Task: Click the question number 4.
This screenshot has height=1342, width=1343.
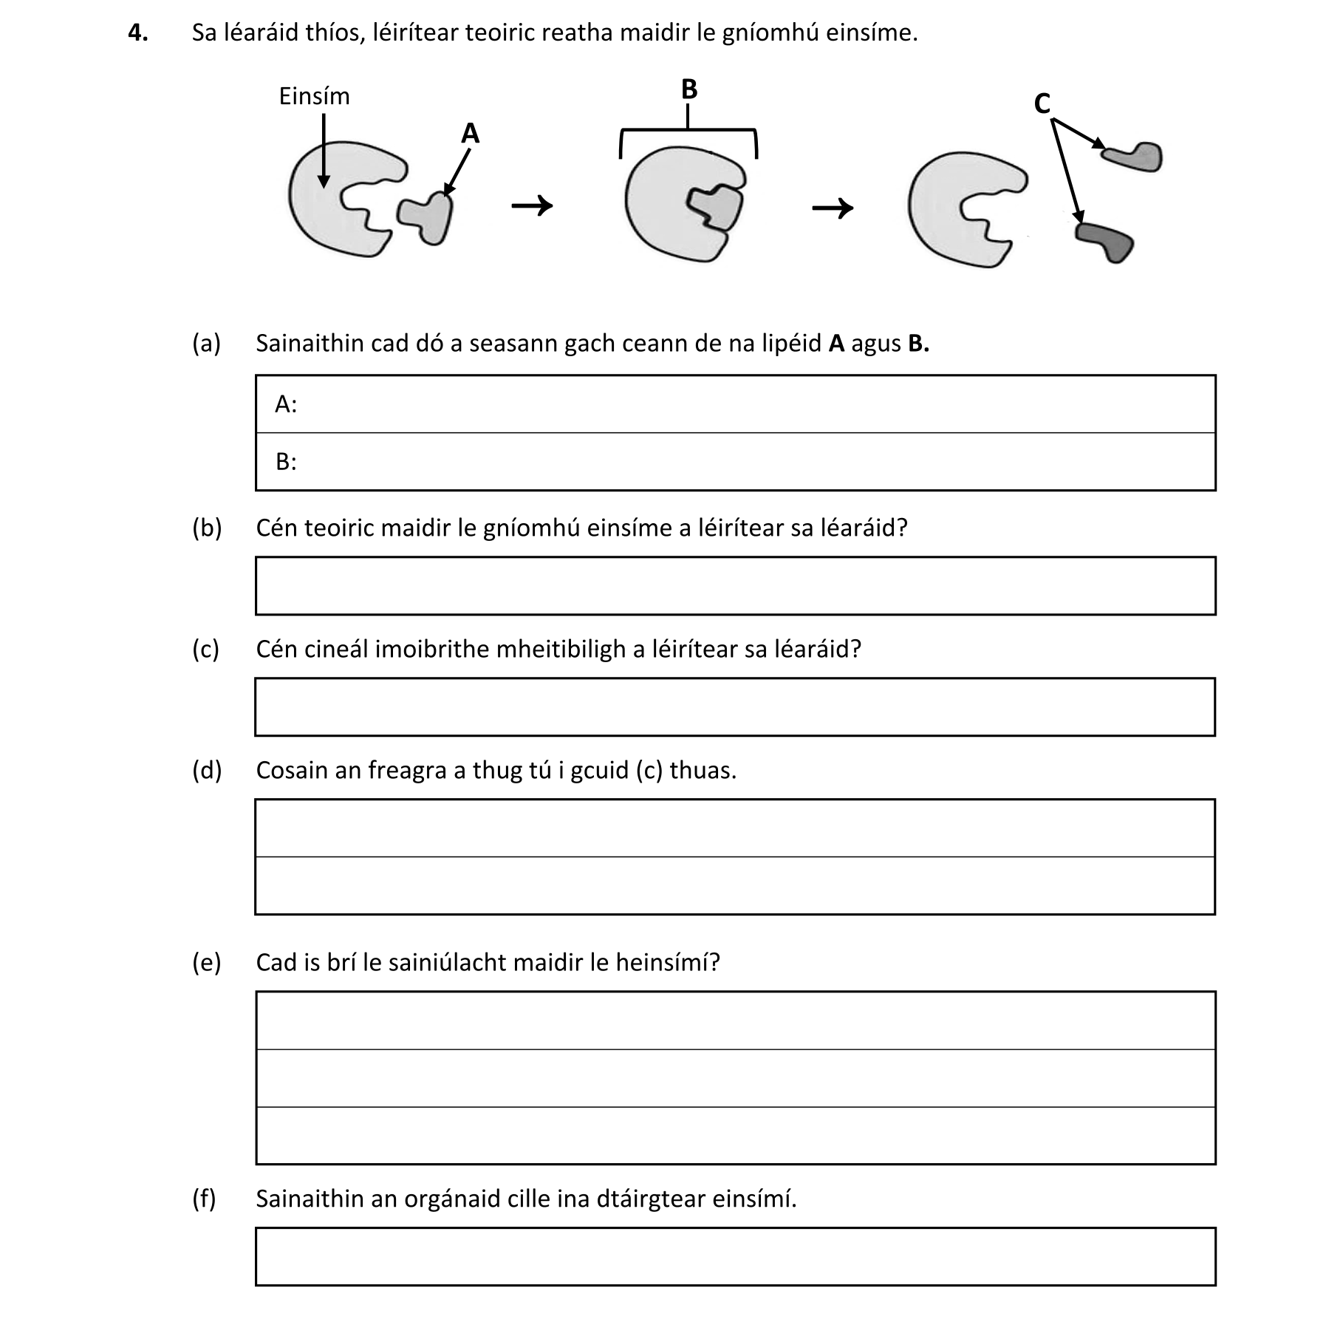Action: click(137, 33)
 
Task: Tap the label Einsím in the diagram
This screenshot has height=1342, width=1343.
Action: click(314, 97)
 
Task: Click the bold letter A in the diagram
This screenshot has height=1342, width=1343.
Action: click(470, 134)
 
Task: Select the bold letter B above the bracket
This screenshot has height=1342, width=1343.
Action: click(688, 89)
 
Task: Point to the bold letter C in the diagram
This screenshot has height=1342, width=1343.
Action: click(1042, 104)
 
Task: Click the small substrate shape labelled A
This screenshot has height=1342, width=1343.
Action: click(427, 217)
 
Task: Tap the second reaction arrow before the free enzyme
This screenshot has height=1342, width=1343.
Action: click(833, 208)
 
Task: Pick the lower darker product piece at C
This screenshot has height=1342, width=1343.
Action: click(1106, 241)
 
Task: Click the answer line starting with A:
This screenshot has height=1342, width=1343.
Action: click(735, 404)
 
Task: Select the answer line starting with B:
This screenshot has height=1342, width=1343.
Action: click(735, 462)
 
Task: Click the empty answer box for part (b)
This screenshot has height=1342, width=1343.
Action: click(735, 586)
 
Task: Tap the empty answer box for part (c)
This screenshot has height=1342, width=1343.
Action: click(735, 707)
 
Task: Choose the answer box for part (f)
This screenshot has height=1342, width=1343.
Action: click(735, 1257)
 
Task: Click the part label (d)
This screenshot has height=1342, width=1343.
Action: click(207, 771)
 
